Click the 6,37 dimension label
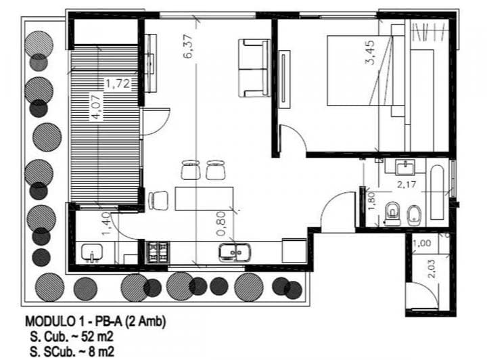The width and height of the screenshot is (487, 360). point(189,47)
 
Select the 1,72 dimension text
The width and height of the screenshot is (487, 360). point(116,84)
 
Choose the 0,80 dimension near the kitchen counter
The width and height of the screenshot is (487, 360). point(223,220)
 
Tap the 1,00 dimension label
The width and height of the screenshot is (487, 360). point(421,243)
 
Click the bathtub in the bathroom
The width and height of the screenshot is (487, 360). point(439,192)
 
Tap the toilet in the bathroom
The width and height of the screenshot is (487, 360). point(392,215)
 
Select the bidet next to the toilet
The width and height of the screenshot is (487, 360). point(415,215)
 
